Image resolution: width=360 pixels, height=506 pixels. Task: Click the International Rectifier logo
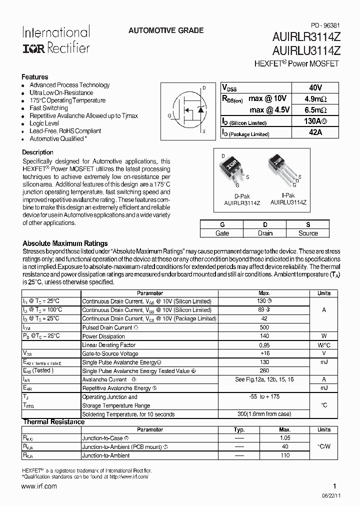(x=55, y=40)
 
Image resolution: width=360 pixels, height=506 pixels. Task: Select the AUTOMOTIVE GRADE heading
(x=166, y=30)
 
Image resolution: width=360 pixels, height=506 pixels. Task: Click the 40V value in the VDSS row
(x=315, y=87)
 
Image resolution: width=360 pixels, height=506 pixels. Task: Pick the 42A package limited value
(x=315, y=133)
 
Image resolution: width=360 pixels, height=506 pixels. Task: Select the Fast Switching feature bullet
(x=48, y=108)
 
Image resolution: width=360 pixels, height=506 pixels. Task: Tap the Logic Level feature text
(x=44, y=123)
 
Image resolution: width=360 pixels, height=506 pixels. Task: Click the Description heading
(x=37, y=152)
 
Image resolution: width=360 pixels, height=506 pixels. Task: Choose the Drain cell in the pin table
(x=265, y=233)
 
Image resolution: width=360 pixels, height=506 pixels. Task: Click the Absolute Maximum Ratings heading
(x=65, y=243)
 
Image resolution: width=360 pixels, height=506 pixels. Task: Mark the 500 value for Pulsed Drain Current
(x=264, y=327)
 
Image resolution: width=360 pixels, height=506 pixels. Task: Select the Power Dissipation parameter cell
(x=103, y=336)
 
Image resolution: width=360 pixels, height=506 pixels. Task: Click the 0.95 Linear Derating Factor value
(x=264, y=345)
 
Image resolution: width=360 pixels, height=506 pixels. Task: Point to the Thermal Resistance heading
(x=53, y=422)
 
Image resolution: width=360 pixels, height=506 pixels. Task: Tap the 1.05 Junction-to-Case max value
(x=284, y=438)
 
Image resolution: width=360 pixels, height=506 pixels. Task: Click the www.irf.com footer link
(x=39, y=486)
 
